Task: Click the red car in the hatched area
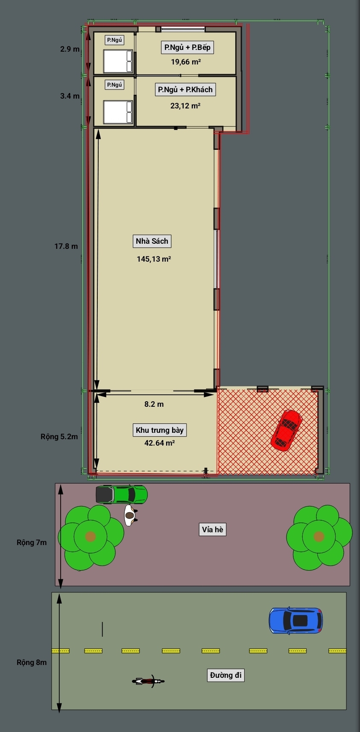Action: coord(286,430)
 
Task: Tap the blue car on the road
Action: coord(296,620)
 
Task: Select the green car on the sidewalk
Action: coord(122,494)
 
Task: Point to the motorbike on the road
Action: coord(148,681)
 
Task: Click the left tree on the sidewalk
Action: coord(91,537)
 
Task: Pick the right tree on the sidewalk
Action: coord(319,537)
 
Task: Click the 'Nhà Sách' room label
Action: coord(152,241)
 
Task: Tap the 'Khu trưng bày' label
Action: coord(159,430)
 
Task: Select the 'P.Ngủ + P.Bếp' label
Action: coord(187,47)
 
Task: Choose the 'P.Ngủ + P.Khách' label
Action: coord(185,90)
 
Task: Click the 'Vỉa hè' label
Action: coord(213,530)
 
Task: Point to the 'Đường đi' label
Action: coord(226,675)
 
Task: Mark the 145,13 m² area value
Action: coord(154,259)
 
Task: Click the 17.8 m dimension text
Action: coord(66,246)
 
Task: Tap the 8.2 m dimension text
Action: coord(154,404)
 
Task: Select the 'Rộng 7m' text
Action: coord(32,542)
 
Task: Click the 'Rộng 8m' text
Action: coord(32,662)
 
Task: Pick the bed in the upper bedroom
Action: coord(118,61)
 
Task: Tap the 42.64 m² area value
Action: coord(159,443)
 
